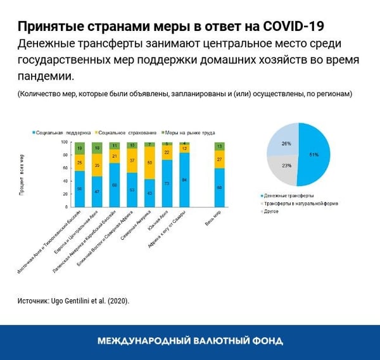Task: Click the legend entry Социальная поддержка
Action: (x=60, y=133)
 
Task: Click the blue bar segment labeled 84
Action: (x=184, y=180)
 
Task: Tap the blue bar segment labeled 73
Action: (x=167, y=183)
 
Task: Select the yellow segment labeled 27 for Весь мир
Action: (x=219, y=159)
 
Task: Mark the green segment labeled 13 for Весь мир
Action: (x=219, y=146)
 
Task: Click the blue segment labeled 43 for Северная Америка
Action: (x=149, y=192)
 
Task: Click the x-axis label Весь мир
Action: (x=212, y=220)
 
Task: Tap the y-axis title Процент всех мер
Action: (x=22, y=175)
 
